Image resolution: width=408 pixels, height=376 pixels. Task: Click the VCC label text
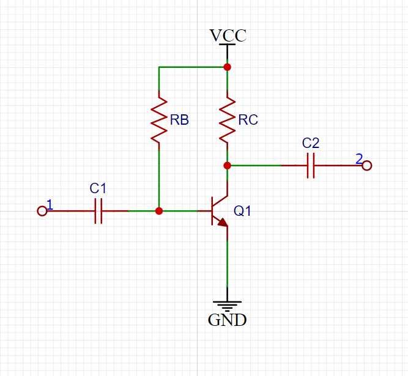[228, 35]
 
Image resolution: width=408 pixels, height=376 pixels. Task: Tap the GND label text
[227, 320]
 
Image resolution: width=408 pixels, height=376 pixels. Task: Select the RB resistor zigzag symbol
[159, 120]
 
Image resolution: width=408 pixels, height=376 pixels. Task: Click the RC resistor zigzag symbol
[227, 120]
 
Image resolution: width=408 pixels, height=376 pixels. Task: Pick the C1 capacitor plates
[98, 211]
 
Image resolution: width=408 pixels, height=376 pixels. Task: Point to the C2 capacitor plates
[311, 165]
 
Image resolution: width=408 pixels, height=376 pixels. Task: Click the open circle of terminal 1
[42, 211]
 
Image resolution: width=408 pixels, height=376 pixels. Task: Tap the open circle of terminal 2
[367, 166]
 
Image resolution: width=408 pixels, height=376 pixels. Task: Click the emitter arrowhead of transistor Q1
[223, 223]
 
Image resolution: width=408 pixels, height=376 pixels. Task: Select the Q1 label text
[242, 211]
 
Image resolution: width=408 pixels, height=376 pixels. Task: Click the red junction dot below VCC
[227, 67]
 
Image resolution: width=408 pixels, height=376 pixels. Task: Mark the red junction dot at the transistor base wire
[159, 211]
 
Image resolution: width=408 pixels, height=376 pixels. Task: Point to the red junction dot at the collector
[227, 165]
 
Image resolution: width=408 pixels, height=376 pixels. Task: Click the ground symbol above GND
[227, 306]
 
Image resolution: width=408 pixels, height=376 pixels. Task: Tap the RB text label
[179, 120]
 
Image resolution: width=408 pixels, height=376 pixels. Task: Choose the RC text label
[248, 120]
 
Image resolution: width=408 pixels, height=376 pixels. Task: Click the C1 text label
[98, 188]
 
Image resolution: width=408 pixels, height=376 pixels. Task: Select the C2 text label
[311, 143]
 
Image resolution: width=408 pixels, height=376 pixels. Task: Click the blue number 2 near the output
[359, 158]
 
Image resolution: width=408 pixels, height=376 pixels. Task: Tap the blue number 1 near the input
[50, 204]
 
